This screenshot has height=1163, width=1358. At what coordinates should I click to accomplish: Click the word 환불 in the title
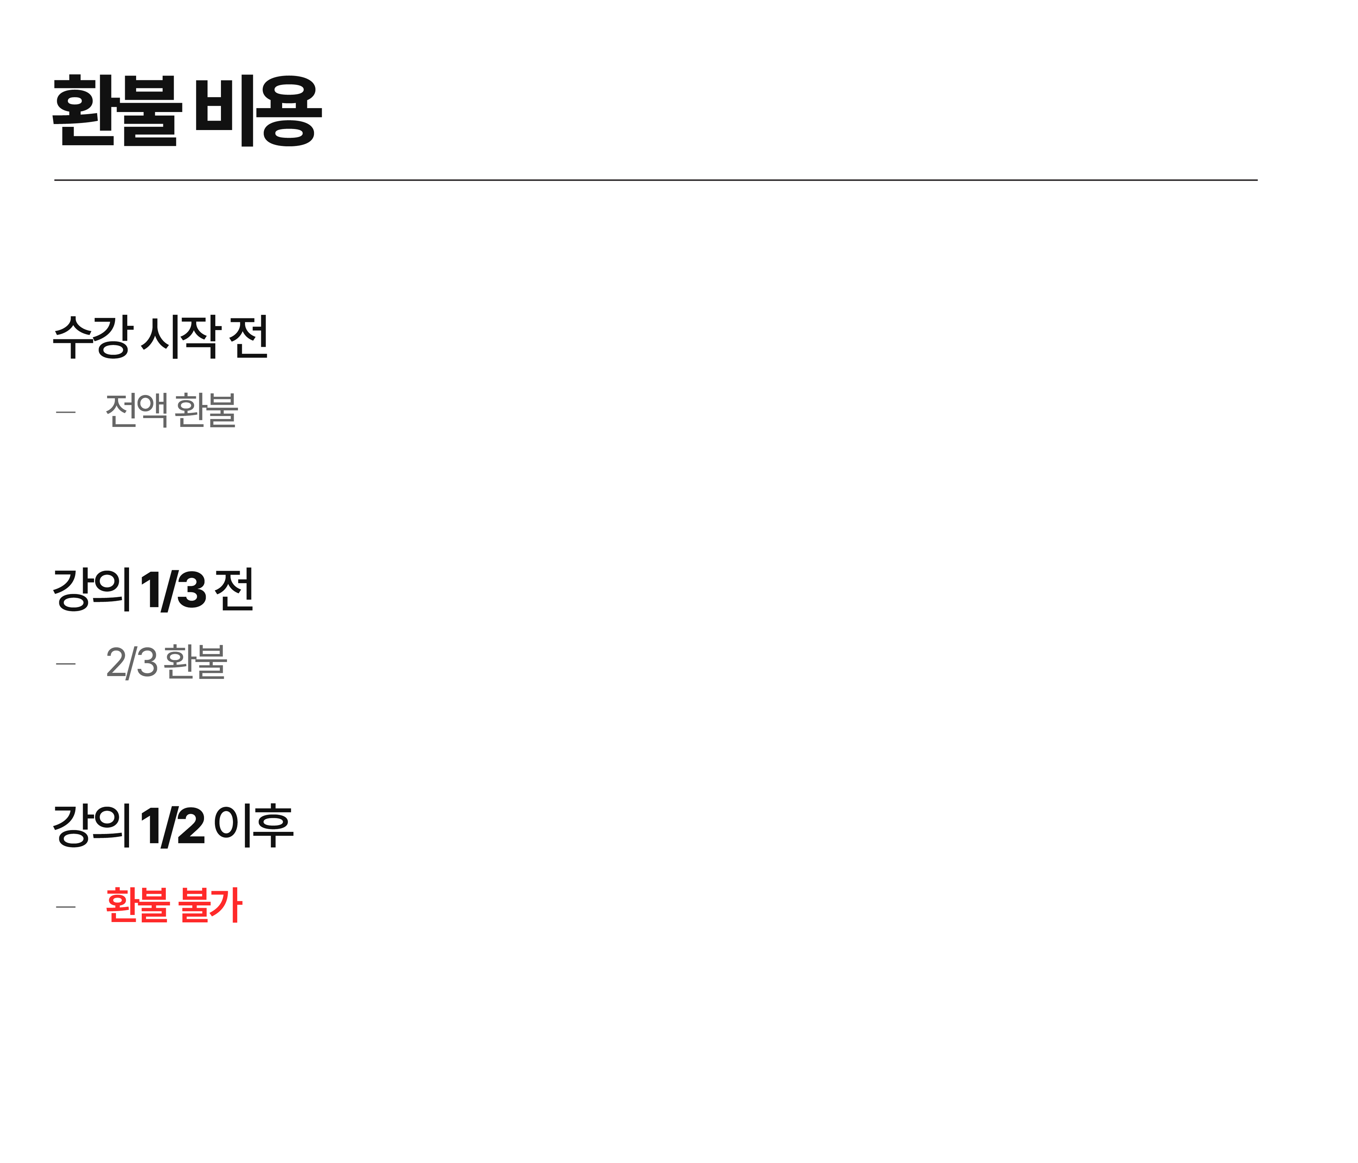tap(117, 110)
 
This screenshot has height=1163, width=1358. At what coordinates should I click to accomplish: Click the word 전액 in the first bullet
tap(136, 410)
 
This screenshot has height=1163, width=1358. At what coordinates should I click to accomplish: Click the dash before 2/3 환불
tap(65, 664)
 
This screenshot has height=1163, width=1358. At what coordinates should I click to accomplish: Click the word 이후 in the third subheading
tap(253, 825)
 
